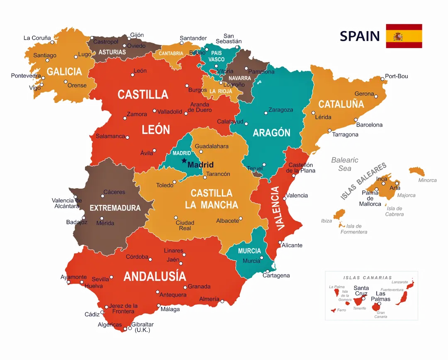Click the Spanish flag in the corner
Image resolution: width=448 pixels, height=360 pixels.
(x=404, y=36)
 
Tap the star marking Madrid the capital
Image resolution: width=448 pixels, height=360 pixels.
(x=184, y=161)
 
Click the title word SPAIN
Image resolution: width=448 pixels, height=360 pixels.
(x=360, y=36)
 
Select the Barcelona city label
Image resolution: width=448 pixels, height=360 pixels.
(x=369, y=125)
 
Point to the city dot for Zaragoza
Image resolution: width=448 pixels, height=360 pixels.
(x=266, y=113)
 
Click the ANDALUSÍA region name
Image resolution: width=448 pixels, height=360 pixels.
(x=155, y=276)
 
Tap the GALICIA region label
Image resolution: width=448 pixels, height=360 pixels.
(x=64, y=72)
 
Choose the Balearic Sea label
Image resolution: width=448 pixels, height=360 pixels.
(x=345, y=164)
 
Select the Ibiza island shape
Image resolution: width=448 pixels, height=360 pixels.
(x=339, y=214)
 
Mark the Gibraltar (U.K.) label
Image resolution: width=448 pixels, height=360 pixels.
(x=142, y=327)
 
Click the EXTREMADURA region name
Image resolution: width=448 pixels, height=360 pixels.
(x=115, y=208)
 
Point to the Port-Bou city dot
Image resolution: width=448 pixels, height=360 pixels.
(x=382, y=78)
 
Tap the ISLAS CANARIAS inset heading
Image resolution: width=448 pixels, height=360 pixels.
(x=368, y=277)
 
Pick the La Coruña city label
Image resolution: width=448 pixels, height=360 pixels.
(x=37, y=38)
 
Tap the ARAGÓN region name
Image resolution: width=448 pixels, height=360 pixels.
(x=272, y=133)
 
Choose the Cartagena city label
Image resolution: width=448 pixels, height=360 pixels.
(x=276, y=275)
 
